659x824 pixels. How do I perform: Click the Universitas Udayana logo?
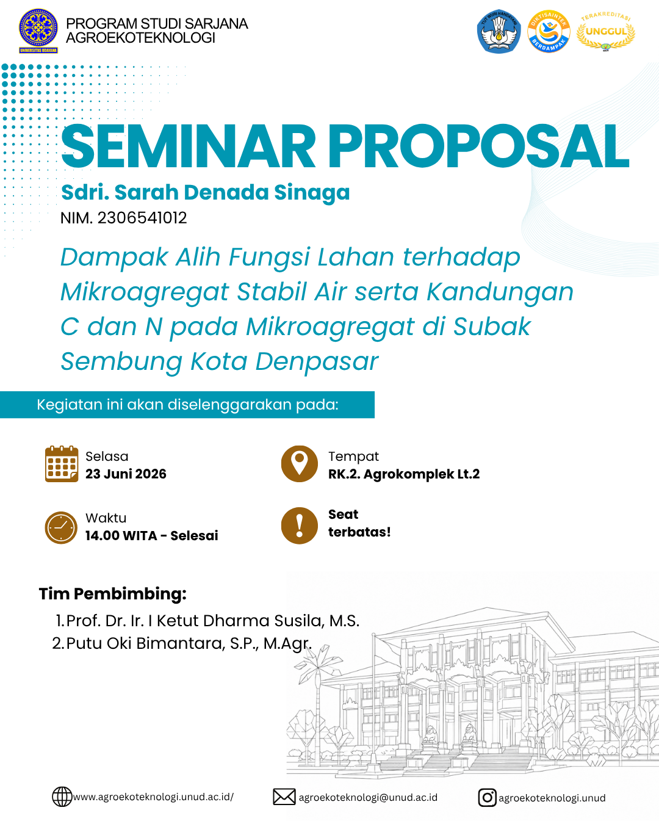point(38,31)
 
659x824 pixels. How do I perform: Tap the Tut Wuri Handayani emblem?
point(499,31)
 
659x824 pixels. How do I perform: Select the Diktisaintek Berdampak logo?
point(549,31)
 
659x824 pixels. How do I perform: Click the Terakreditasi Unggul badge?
point(606,31)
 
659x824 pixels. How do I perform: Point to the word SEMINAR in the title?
point(188,146)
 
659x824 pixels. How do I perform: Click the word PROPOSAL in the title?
point(478,146)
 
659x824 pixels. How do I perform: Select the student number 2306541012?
point(142,219)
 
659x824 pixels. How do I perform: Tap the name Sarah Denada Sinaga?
point(232,192)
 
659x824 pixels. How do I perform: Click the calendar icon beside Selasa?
point(62,464)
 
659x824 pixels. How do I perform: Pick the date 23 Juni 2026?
point(126,474)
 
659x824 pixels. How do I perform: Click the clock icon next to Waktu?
point(61,527)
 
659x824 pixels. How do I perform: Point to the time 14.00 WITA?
point(121,536)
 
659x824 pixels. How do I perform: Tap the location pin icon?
point(300,464)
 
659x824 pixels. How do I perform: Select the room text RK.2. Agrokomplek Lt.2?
point(403,474)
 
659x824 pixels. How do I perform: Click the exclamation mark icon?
point(300,526)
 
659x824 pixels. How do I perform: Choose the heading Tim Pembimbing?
point(112,595)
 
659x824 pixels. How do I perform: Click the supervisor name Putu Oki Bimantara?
point(145,643)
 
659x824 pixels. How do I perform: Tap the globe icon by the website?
point(62,797)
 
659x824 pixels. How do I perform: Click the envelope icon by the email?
point(284,797)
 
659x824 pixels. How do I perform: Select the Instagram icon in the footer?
point(487,798)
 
